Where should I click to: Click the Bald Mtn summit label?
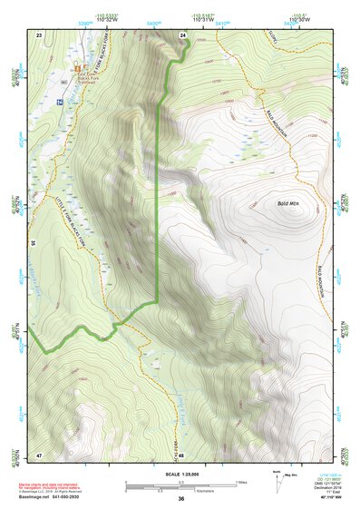coord(287,204)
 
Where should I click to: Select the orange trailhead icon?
coord(77,68)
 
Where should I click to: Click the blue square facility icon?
coord(60,103)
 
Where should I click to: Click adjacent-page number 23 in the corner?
coord(39,34)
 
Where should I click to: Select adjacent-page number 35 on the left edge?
coord(32,243)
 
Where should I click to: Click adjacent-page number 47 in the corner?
coord(39,453)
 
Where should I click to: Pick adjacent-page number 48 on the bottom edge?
coord(181,454)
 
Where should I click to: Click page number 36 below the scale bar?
coord(181,499)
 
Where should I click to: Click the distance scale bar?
coord(180,484)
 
